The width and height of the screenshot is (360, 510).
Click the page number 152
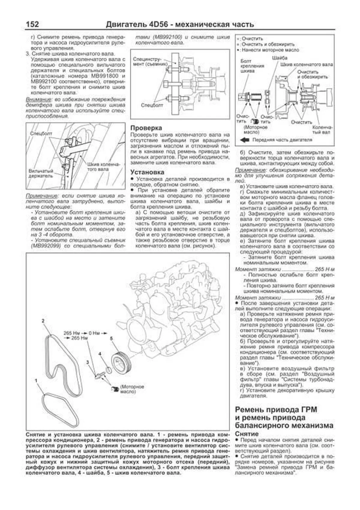coord(32,24)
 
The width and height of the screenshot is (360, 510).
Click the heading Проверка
coord(146,128)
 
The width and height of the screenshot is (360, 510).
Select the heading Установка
coord(147,172)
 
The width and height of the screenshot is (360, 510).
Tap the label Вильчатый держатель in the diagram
coord(41,173)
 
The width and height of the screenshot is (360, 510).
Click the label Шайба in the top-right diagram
coord(280,58)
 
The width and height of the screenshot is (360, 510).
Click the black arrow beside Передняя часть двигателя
coord(245,140)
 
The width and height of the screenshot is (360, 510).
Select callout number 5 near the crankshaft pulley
coord(111,339)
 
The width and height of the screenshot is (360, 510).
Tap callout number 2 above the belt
coord(43,321)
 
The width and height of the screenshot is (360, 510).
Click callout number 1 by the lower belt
coord(36,381)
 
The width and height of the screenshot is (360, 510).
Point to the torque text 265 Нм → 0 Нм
coord(85,333)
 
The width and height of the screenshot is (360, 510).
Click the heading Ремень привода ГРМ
coord(276,409)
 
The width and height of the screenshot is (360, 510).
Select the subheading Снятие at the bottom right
coord(247,434)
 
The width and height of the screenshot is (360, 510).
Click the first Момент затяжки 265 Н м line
coord(284,269)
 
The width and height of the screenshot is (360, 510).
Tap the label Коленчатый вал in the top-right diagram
coord(322,130)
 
